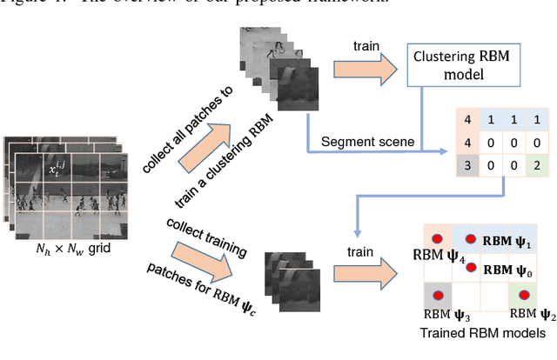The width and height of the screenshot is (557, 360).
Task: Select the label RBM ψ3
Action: (440, 315)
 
